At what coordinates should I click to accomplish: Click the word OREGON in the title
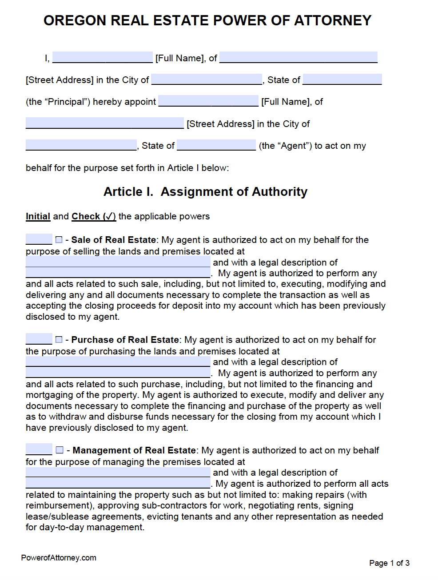coord(75,20)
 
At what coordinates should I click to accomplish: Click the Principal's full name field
coord(102,57)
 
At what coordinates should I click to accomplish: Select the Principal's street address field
coord(298,57)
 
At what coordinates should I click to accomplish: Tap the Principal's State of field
coord(342,79)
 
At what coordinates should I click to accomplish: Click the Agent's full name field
coord(208,101)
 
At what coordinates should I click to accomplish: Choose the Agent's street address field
coord(104,123)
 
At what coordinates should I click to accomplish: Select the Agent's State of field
coord(216,145)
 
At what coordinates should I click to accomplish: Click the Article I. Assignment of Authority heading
coord(205,192)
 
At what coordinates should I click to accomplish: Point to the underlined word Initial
coord(38,216)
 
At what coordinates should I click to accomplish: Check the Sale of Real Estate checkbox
coord(59,240)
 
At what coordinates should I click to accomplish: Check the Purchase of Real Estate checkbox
coord(59,340)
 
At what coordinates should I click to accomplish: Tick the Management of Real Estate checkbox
coord(60,450)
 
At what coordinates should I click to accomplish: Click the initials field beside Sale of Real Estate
coord(39,239)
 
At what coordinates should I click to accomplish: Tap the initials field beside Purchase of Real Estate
coord(39,339)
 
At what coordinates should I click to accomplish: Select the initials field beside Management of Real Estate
coord(39,450)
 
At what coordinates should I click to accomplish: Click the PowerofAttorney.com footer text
coord(59,558)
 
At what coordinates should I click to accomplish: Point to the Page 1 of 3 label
coord(389,563)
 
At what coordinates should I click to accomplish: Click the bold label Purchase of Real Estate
coord(125,340)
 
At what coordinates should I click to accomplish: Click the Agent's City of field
coord(81,145)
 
